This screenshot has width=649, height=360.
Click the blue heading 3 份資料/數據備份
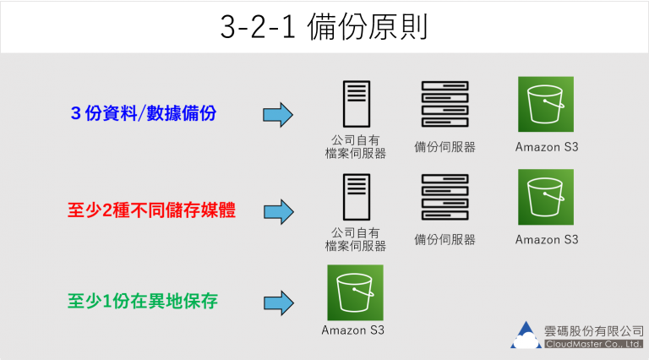pyautogui.click(x=145, y=113)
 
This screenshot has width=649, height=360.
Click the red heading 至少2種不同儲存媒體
pyautogui.click(x=151, y=210)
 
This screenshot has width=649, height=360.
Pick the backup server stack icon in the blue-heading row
pyautogui.click(x=444, y=104)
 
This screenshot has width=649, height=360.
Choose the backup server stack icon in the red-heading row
pyautogui.click(x=444, y=197)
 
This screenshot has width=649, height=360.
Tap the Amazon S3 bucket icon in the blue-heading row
pyautogui.click(x=545, y=104)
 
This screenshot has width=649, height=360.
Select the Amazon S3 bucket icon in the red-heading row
pyautogui.click(x=545, y=197)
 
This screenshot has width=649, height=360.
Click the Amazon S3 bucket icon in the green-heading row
pyautogui.click(x=355, y=292)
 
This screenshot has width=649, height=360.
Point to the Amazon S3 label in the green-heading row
pyautogui.click(x=352, y=330)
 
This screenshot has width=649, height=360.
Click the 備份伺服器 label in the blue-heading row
pyautogui.click(x=444, y=146)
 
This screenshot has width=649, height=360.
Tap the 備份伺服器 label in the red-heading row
pyautogui.click(x=444, y=239)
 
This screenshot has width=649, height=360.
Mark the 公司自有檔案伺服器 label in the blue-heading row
pyautogui.click(x=356, y=145)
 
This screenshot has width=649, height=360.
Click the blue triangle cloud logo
pyautogui.click(x=526, y=335)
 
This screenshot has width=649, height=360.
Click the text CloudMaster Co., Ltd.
pyautogui.click(x=594, y=344)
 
